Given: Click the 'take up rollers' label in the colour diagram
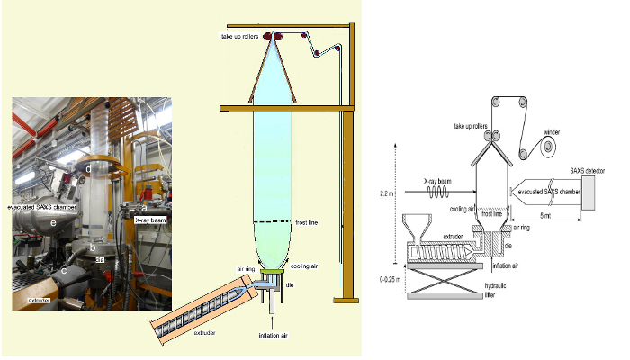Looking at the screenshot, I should [241, 36].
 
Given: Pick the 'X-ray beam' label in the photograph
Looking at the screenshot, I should [151, 219].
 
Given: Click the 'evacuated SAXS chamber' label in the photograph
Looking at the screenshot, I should [46, 206].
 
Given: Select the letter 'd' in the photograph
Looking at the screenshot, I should [87, 167].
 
